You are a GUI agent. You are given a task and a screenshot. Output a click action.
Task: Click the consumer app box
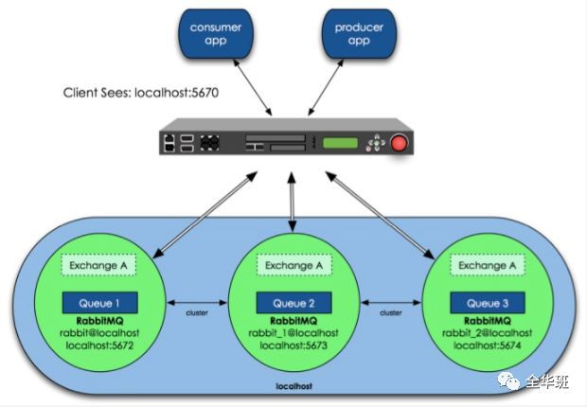216,35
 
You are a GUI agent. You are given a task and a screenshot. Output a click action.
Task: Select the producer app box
358,35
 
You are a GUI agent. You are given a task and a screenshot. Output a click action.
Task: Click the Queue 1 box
99,303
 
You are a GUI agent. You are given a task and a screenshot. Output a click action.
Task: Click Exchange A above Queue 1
99,266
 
